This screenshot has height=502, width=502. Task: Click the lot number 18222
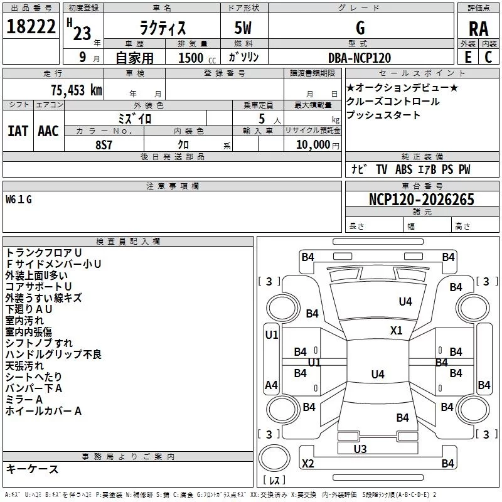click(31, 28)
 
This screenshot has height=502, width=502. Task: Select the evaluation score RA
click(478, 29)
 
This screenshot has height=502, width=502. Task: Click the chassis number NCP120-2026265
click(422, 200)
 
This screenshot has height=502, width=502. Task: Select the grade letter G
click(360, 28)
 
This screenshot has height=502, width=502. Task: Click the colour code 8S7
click(104, 144)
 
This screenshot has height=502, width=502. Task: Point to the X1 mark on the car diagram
click(396, 331)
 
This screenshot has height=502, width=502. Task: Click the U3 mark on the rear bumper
click(360, 449)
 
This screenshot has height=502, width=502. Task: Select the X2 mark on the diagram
click(307, 464)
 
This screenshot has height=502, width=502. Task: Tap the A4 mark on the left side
click(271, 385)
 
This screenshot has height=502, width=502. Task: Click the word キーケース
click(32, 469)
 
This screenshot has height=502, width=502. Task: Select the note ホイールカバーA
click(43, 411)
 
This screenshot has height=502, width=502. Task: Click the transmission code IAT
click(18, 131)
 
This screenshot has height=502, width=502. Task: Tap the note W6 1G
click(18, 200)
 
